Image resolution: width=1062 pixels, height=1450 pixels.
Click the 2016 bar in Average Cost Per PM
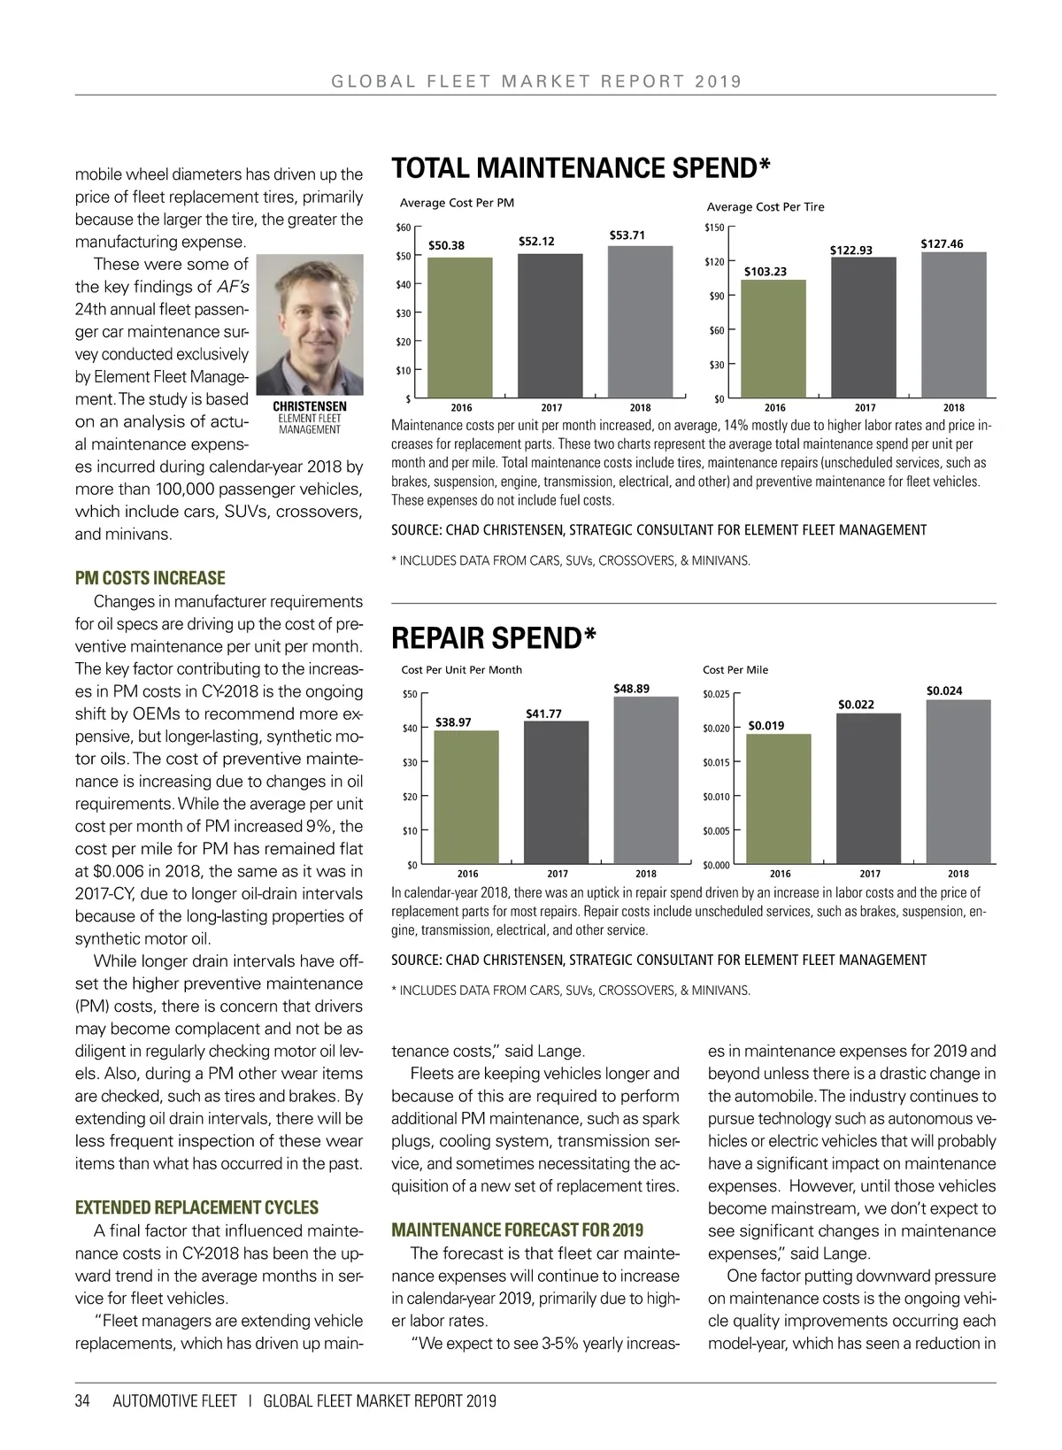tap(460, 327)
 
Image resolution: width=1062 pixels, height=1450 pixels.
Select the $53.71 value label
tap(627, 235)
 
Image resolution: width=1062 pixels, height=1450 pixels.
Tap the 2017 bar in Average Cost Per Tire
tap(863, 327)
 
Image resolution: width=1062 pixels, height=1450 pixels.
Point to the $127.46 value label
tap(942, 244)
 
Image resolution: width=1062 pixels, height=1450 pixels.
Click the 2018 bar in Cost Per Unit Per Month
tap(646, 780)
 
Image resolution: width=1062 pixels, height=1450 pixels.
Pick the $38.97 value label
tap(453, 722)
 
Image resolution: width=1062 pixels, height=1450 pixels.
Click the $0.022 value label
tap(856, 705)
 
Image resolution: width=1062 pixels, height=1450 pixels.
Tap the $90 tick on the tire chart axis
tap(717, 297)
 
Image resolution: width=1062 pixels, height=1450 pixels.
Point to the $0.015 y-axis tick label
tap(716, 762)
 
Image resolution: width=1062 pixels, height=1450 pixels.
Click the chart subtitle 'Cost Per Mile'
tap(735, 670)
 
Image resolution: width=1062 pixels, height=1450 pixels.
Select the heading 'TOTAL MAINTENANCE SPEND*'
tap(581, 168)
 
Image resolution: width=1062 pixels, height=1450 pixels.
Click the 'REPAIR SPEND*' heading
tap(494, 637)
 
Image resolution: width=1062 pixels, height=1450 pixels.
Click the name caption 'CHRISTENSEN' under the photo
tap(310, 407)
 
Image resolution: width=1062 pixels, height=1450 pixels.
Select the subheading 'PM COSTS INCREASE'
tap(150, 578)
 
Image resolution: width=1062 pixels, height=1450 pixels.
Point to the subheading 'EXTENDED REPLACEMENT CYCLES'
tap(196, 1207)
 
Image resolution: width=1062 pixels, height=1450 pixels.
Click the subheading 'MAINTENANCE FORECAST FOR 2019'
tap(518, 1230)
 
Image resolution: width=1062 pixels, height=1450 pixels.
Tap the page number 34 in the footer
tap(82, 1401)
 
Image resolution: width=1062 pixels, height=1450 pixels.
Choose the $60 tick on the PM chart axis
tap(403, 228)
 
